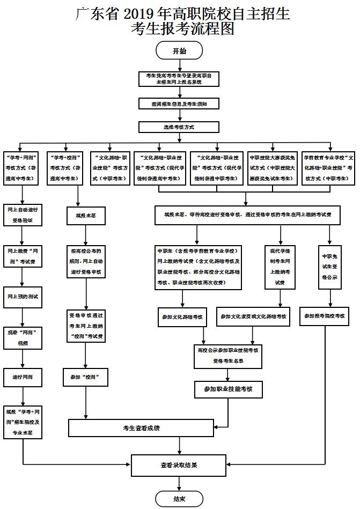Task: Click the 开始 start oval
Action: tap(179, 51)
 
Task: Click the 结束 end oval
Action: tap(179, 498)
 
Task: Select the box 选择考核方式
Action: tap(179, 127)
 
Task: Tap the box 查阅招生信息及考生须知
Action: tap(179, 104)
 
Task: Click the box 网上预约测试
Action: tap(22, 296)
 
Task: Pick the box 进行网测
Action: tap(22, 377)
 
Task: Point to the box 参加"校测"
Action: tap(86, 377)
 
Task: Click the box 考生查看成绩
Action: tap(141, 428)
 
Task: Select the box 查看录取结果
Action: tap(179, 464)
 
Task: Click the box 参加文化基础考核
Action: tap(182, 316)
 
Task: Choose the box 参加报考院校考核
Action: tap(325, 316)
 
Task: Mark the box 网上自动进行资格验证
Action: tap(22, 213)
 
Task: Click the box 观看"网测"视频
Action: tap(22, 337)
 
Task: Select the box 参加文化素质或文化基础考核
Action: tap(253, 316)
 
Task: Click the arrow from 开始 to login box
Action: tap(179, 65)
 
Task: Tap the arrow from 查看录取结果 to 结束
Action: tap(179, 483)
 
